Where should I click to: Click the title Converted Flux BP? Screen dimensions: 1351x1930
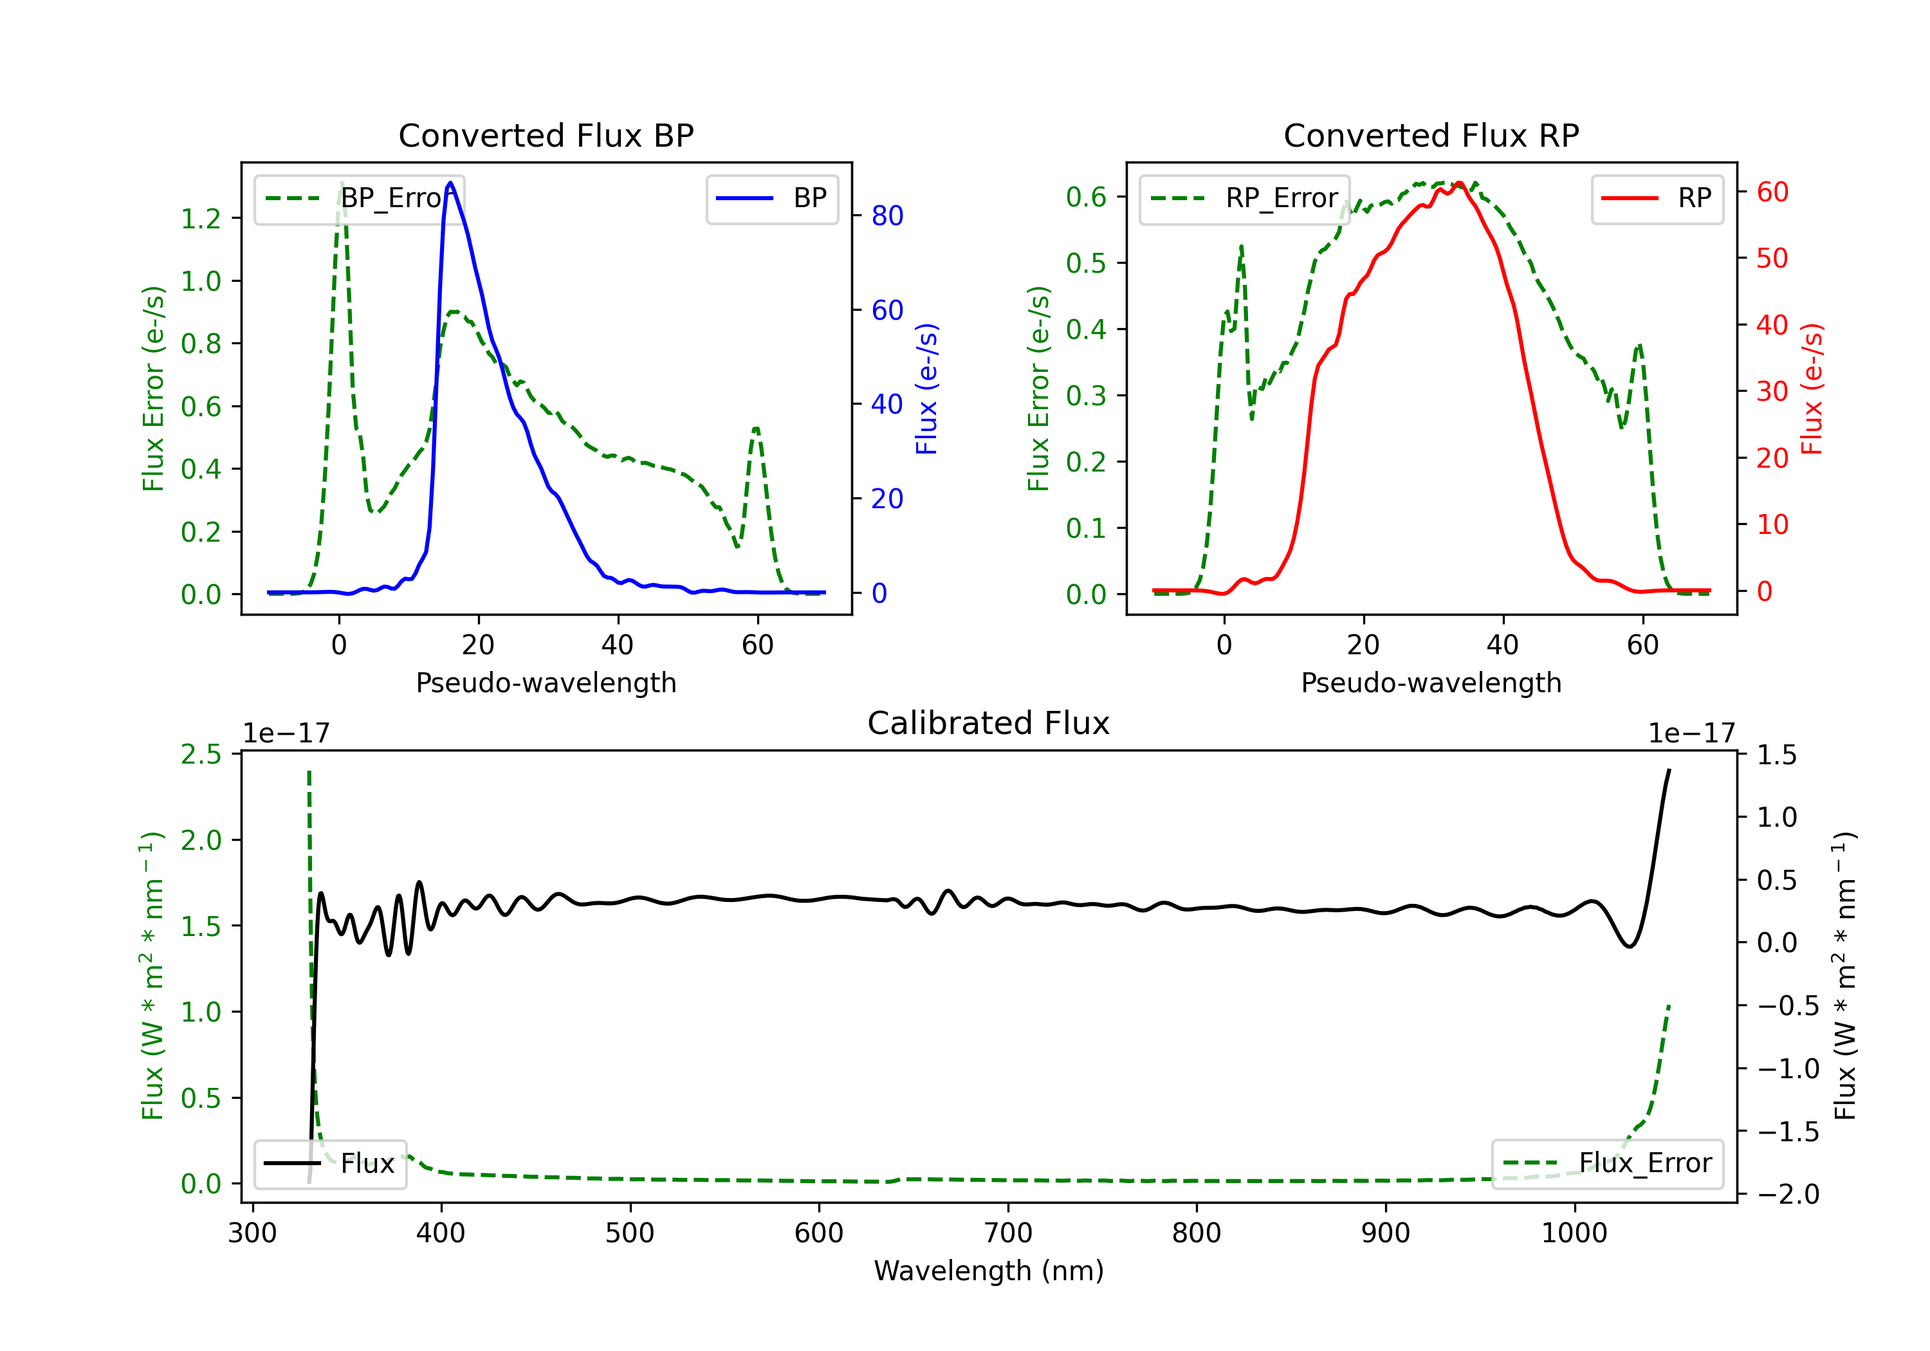point(546,135)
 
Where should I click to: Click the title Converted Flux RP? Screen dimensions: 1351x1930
point(1431,135)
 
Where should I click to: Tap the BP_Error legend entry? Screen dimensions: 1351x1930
point(360,198)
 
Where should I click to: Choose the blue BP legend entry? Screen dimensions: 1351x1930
point(771,198)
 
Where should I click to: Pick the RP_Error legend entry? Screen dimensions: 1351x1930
point(1244,198)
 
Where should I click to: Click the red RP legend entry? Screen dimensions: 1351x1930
point(1657,198)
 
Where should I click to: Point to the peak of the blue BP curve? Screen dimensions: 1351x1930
point(450,183)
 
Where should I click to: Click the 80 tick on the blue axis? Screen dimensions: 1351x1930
point(887,216)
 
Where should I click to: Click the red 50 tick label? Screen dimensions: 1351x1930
point(1772,258)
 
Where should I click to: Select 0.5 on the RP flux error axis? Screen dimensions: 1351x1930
point(1086,263)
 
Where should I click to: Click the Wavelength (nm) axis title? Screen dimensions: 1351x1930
point(989,1271)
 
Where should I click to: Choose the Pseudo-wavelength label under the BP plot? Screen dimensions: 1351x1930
point(546,683)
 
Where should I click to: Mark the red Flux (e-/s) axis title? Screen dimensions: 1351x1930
point(1812,389)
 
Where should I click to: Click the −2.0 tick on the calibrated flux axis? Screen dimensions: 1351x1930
point(1788,1195)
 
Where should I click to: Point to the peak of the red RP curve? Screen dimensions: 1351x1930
point(1459,183)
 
